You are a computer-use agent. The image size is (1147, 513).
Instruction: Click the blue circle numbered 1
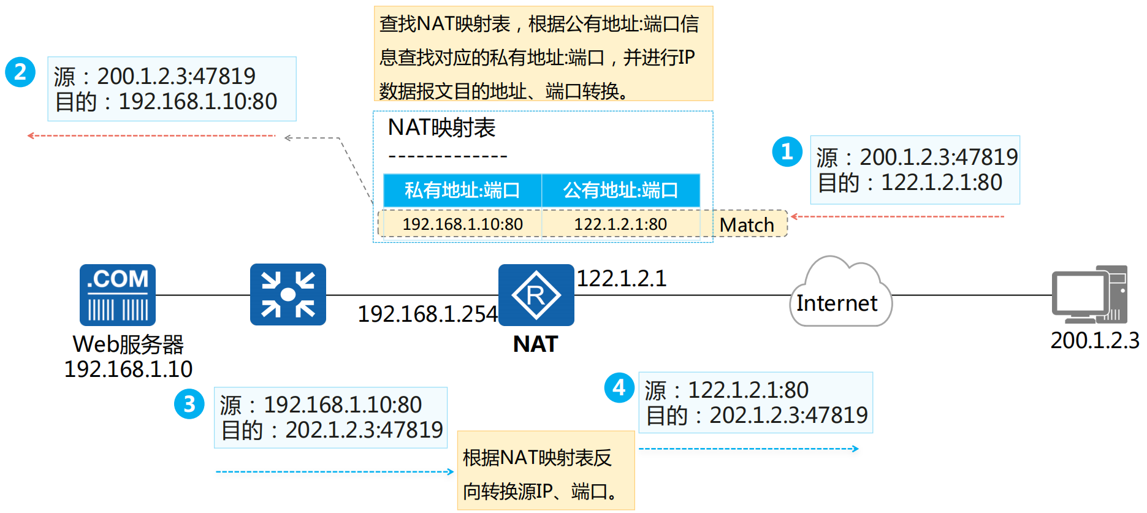coord(787,151)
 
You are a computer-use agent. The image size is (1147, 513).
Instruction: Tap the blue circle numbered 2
coord(20,72)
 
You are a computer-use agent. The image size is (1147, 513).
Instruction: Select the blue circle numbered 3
coord(189,404)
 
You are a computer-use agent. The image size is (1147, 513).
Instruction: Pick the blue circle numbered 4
coord(619,387)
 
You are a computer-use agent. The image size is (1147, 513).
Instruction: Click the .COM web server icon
coord(118,295)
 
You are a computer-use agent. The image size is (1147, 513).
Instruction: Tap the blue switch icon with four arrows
coord(288,294)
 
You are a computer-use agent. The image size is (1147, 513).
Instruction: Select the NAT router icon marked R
coord(536,295)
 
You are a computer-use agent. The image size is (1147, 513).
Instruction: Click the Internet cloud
coord(840,294)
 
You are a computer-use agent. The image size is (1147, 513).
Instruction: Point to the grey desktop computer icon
coord(1089,294)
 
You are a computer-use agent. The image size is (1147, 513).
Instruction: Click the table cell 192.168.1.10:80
coord(462,224)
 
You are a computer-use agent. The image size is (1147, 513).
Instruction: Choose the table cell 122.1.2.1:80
coord(620,224)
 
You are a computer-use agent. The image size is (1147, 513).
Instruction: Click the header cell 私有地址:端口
coord(462,191)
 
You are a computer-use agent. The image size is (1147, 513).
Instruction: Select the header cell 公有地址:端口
coord(620,191)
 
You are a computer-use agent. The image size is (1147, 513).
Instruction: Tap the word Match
coord(747,225)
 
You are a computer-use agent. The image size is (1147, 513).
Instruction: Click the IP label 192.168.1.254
coord(427,314)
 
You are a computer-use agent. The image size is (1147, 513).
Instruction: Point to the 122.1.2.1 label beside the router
coord(621,279)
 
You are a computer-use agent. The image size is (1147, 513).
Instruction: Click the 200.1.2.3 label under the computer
coord(1094,340)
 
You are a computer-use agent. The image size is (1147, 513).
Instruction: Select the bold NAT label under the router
coord(535,344)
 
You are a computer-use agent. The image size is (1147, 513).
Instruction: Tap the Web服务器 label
coord(128,344)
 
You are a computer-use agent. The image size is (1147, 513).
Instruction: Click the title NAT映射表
coord(441,127)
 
